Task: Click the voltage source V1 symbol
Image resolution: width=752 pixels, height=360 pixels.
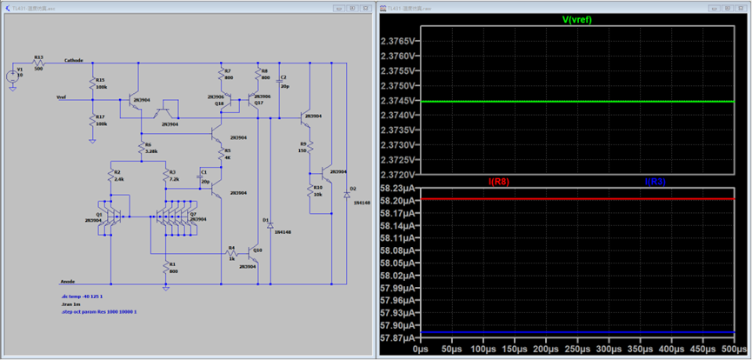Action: point(13,76)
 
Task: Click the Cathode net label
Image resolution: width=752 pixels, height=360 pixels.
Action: point(74,61)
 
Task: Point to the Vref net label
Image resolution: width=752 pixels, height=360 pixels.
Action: point(63,97)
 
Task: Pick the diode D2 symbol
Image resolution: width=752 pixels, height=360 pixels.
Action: point(346,195)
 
